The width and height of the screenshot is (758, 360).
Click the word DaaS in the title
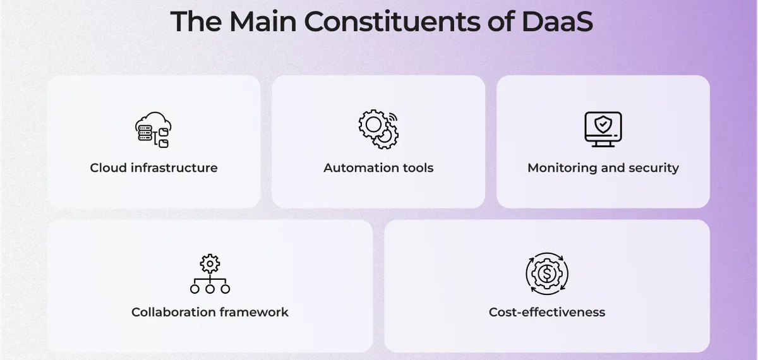coord(557,21)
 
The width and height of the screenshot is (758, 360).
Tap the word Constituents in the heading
coord(392,21)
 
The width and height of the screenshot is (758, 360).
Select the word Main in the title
coord(263,21)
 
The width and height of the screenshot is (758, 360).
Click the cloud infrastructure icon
coord(153,130)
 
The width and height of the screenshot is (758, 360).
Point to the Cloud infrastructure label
coord(153,168)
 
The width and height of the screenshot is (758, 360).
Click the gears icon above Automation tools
coord(378,129)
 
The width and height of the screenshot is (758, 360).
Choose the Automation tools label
coord(378,168)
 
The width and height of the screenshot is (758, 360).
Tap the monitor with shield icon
coord(603,129)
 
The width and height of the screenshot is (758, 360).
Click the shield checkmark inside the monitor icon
coord(603,124)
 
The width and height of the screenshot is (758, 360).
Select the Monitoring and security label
coord(603,168)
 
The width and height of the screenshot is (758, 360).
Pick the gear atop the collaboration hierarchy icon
coord(210,263)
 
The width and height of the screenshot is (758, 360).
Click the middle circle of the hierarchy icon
coord(210,289)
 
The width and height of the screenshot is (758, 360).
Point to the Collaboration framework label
coord(210,312)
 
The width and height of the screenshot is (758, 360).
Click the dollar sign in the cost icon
coord(547,273)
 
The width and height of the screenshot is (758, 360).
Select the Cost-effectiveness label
coord(547,312)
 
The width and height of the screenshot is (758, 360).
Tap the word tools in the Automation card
coord(418,168)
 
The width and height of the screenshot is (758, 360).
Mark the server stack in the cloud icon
coord(145,133)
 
